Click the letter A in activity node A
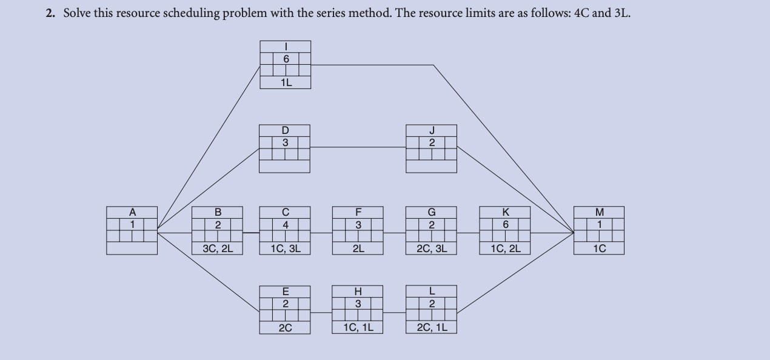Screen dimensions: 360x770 (x=132, y=212)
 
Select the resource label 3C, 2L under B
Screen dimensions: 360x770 (x=217, y=248)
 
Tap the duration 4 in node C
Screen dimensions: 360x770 (x=285, y=225)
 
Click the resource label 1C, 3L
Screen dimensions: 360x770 (x=285, y=248)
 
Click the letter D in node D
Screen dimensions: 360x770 (x=284, y=130)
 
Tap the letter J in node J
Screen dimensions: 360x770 (x=431, y=130)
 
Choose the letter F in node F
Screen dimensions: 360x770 (x=358, y=212)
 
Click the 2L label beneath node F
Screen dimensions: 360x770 (x=358, y=248)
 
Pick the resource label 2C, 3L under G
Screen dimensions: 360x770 (x=431, y=248)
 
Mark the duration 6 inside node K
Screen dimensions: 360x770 (x=504, y=225)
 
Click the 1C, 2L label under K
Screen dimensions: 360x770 (x=504, y=248)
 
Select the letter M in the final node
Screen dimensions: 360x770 (x=599, y=212)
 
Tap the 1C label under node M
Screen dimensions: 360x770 (x=599, y=248)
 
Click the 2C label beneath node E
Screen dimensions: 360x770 (x=285, y=328)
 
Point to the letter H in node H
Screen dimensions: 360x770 (x=358, y=292)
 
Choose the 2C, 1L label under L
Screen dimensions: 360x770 (x=431, y=328)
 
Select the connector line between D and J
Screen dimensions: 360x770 (x=358, y=147)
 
